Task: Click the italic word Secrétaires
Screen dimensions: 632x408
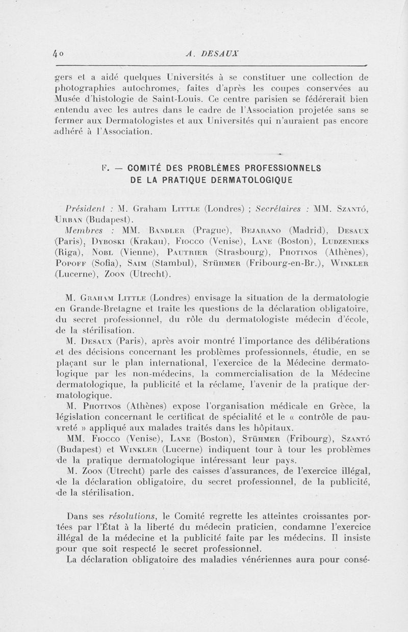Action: coord(280,210)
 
